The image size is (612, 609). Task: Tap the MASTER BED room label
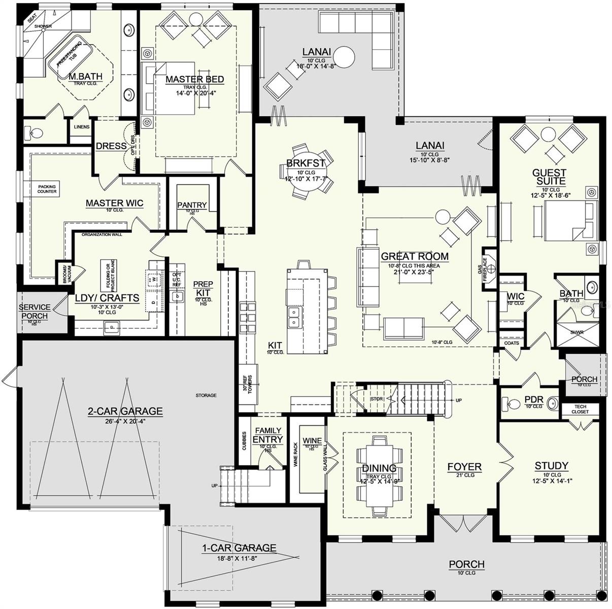point(194,80)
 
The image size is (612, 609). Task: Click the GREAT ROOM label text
point(415,257)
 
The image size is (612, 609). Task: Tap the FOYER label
point(464,467)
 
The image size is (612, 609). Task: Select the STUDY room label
point(551,466)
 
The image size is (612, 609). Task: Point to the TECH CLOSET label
point(581,409)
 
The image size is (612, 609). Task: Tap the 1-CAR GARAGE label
point(239,548)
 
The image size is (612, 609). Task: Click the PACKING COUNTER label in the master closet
point(47,189)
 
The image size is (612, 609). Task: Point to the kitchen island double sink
point(293,317)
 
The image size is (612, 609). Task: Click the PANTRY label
point(192,205)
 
